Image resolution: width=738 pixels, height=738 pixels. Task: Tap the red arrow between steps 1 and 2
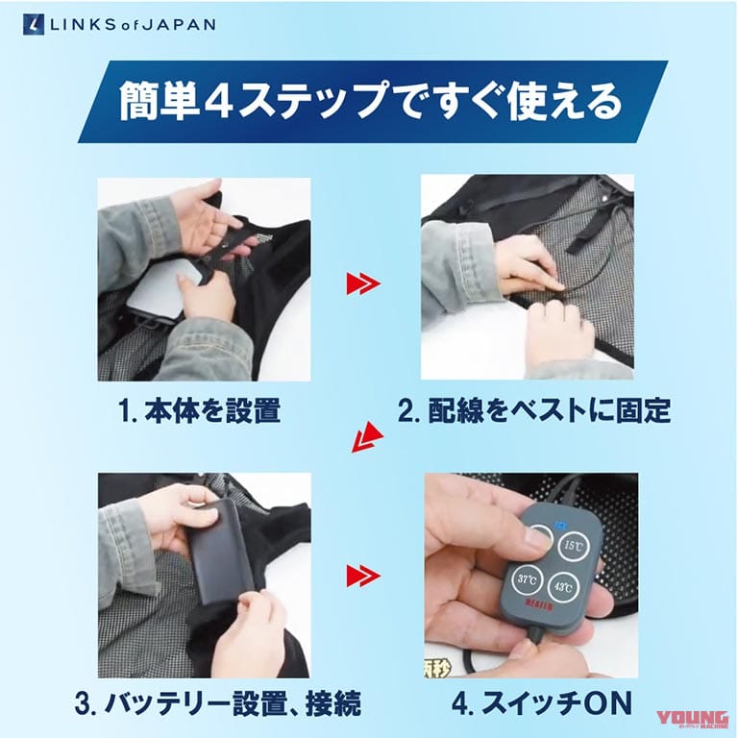click(x=362, y=283)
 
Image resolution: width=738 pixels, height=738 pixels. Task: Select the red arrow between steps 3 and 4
click(x=362, y=576)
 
